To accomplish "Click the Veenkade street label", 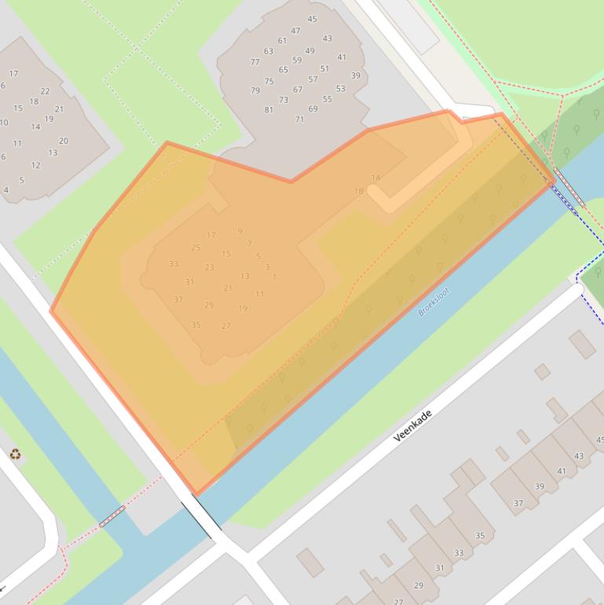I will (x=412, y=424).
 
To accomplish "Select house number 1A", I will (x=375, y=178).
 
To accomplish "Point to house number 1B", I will (x=358, y=191).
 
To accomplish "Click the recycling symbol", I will (x=15, y=453).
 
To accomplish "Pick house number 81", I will (x=269, y=110).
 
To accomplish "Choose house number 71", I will (x=299, y=119).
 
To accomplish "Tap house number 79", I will (x=255, y=90).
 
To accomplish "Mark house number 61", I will (x=282, y=41).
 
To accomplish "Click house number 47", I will (x=295, y=31).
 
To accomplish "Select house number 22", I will (x=45, y=91).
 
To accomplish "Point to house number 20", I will (x=64, y=141).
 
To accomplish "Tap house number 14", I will (x=35, y=126).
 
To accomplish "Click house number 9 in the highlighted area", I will (x=240, y=231).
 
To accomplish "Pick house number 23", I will (x=210, y=267).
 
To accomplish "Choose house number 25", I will (x=196, y=247).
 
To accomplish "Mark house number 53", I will (x=340, y=89).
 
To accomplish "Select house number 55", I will (x=328, y=100).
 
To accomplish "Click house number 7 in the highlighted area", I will (x=249, y=244).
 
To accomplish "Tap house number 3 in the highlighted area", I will (x=267, y=267).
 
